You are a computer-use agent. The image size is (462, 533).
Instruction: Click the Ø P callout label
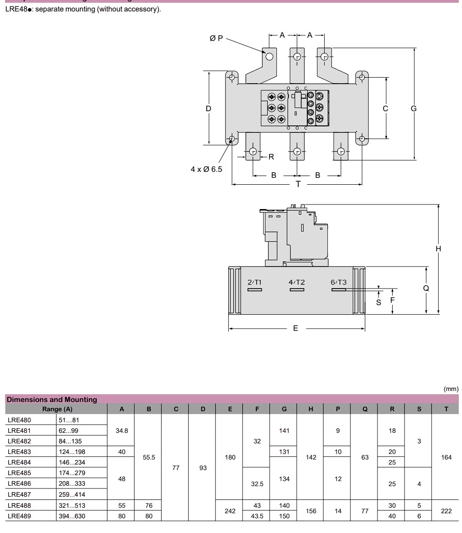(216, 39)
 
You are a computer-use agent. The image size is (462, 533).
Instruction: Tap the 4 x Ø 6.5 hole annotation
(206, 169)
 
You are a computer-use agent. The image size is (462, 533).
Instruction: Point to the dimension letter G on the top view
(413, 108)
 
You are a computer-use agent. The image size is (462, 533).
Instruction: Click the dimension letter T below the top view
(298, 184)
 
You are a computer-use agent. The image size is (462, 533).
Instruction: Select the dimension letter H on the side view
(438, 249)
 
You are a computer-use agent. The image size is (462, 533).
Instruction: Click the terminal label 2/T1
(254, 282)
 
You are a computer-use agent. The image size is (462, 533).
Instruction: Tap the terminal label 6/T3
(338, 282)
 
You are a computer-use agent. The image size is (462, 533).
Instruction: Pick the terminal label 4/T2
(297, 282)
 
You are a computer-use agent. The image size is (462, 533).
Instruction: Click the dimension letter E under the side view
(296, 328)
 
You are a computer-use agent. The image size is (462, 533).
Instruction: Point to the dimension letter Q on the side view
(426, 288)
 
